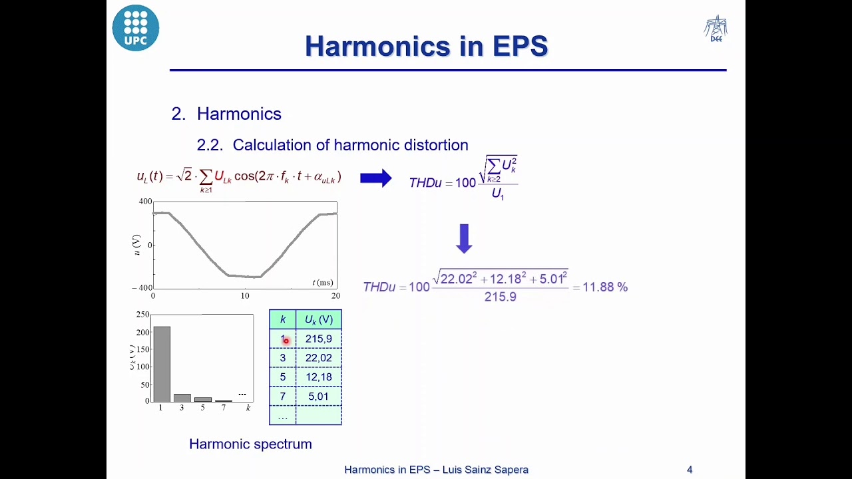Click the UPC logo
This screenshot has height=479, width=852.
point(136,28)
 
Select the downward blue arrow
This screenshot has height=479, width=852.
point(464,238)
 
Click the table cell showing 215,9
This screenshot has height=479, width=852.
point(318,339)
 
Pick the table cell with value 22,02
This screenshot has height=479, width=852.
point(318,358)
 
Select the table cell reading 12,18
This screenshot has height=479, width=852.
point(318,377)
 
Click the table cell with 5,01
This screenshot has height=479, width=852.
point(318,397)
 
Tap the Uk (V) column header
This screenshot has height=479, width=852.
point(318,319)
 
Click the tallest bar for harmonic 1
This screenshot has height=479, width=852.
point(162,364)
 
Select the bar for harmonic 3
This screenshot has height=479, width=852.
point(182,398)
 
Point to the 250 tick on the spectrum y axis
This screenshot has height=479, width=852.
point(142,314)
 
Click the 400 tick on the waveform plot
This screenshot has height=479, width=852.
point(145,201)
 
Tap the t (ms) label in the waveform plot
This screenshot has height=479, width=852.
point(323,283)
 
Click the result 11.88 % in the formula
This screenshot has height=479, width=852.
point(604,287)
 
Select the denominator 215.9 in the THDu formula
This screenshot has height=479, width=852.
point(500,297)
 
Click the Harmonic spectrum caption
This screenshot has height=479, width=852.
point(250,444)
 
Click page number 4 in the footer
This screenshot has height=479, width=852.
point(690,470)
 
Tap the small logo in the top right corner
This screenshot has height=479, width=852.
point(716,29)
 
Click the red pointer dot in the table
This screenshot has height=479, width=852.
point(286,341)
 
